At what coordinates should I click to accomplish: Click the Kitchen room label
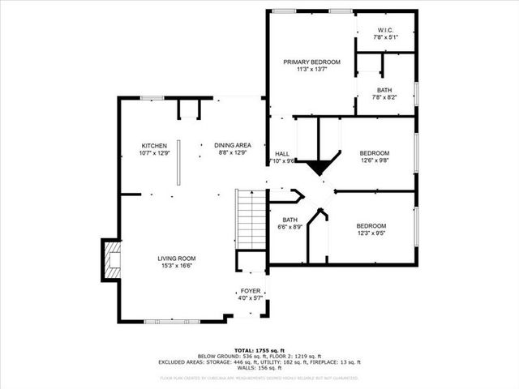(154, 146)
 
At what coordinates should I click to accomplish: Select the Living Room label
(176, 259)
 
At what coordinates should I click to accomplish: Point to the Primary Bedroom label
(311, 62)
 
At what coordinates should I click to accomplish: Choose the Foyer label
(250, 291)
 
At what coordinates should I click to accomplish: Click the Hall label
(281, 153)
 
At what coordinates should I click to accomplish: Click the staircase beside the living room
(251, 219)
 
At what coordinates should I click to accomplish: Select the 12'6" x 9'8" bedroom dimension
(375, 160)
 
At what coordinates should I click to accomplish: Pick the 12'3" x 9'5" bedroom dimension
(371, 233)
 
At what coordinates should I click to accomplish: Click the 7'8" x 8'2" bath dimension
(385, 97)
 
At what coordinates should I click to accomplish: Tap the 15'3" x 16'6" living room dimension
(176, 266)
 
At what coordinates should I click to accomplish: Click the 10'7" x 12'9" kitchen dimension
(154, 153)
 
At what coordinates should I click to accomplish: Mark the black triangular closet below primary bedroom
(319, 167)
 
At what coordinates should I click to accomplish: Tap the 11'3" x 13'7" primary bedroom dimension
(311, 70)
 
